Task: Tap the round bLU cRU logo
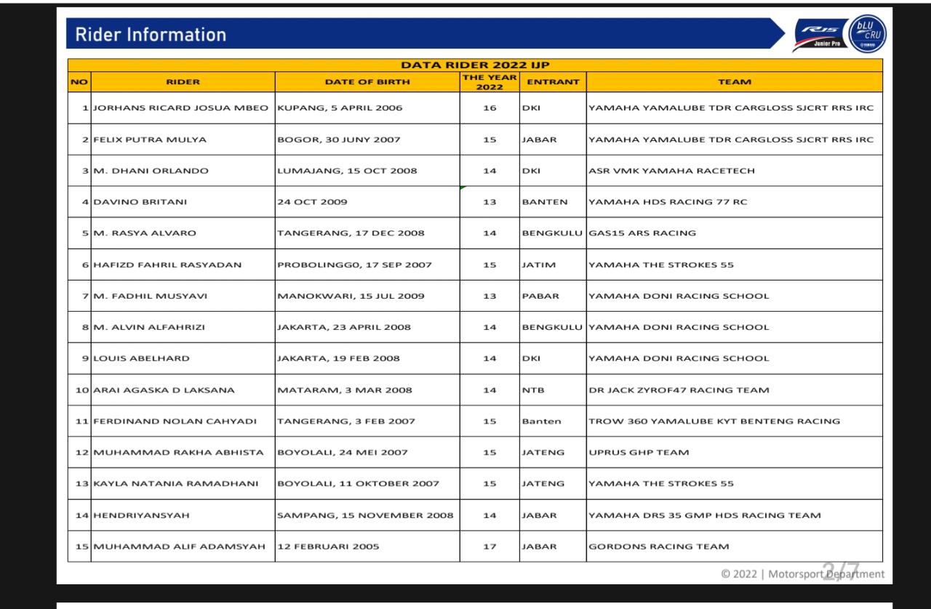868,34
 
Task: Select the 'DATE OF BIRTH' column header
367,82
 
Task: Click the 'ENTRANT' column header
553,82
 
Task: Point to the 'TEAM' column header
734,82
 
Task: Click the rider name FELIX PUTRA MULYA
150,140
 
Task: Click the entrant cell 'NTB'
533,390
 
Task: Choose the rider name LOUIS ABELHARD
141,358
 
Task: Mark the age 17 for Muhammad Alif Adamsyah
490,547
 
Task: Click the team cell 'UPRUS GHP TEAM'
639,453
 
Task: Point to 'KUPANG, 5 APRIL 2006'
340,108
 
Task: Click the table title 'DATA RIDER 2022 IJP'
475,65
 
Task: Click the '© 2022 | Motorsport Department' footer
802,574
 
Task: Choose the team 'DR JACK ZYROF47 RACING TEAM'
679,390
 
